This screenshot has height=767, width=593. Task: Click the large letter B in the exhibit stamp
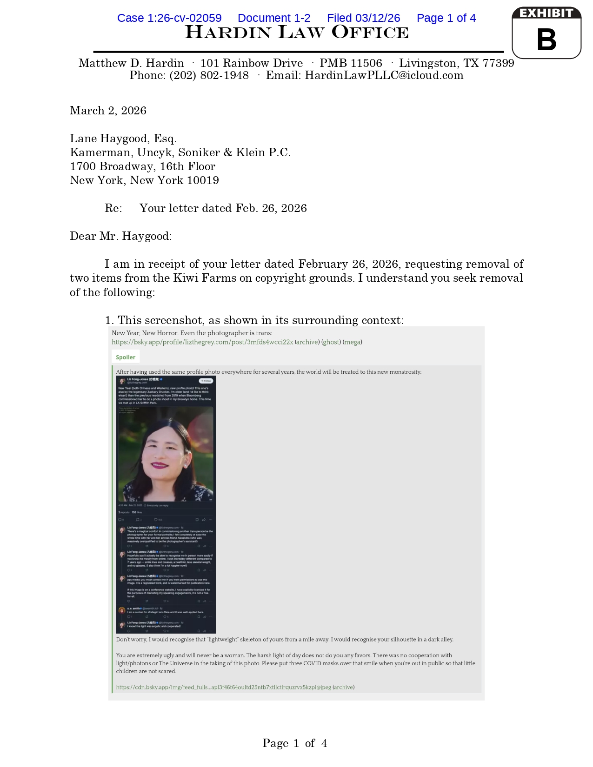pyautogui.click(x=546, y=40)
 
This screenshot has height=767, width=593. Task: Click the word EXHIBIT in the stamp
pyautogui.click(x=546, y=13)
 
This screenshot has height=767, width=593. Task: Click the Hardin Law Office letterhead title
pyautogui.click(x=297, y=33)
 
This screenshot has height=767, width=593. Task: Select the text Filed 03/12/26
pyautogui.click(x=363, y=18)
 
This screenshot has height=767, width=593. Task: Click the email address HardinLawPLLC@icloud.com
pyautogui.click(x=384, y=75)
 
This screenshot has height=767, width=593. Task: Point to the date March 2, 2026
pyautogui.click(x=108, y=111)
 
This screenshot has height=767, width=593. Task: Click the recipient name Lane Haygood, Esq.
pyautogui.click(x=123, y=139)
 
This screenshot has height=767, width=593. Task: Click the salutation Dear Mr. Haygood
pyautogui.click(x=121, y=236)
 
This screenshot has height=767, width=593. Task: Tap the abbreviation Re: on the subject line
pyautogui.click(x=113, y=208)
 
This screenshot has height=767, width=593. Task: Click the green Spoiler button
pyautogui.click(x=126, y=357)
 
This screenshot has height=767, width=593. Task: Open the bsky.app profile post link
pyautogui.click(x=202, y=342)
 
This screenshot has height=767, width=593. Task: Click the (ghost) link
pyautogui.click(x=331, y=342)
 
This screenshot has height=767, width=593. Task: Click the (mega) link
pyautogui.click(x=352, y=342)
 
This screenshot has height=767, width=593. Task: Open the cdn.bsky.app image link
pyautogui.click(x=223, y=687)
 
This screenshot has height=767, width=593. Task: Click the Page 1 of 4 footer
pyautogui.click(x=294, y=743)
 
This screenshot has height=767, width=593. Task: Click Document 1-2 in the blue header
pyautogui.click(x=274, y=18)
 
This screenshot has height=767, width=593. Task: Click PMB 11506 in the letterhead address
pyautogui.click(x=351, y=63)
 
